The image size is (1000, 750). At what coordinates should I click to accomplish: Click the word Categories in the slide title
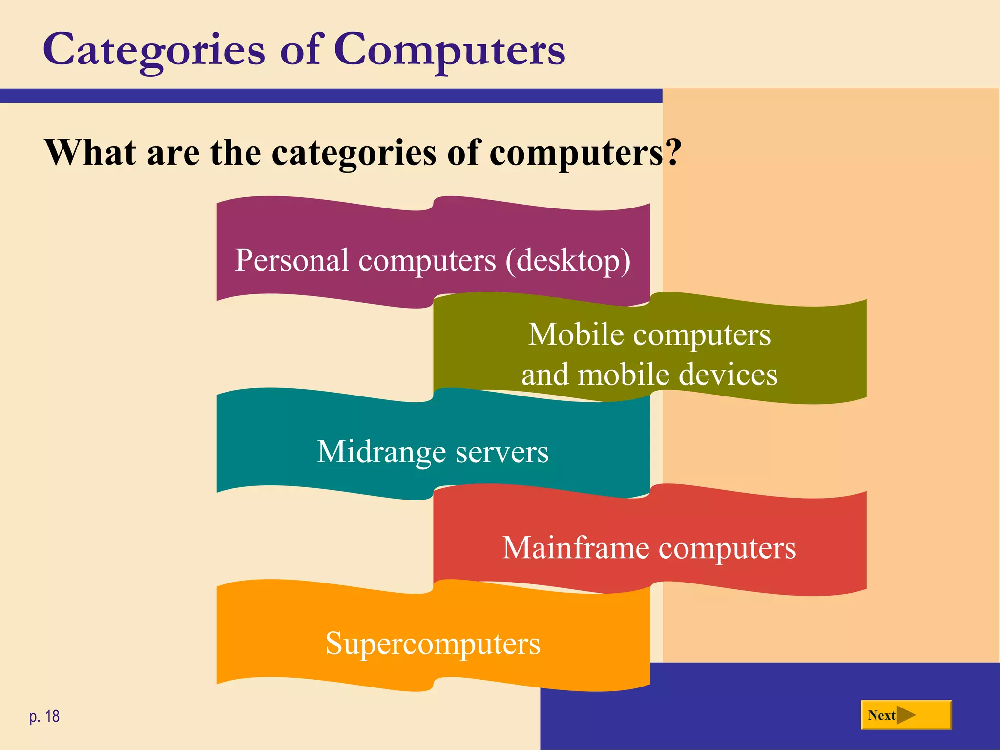pyautogui.click(x=154, y=50)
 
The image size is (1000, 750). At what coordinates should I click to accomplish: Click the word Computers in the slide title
pyautogui.click(x=449, y=50)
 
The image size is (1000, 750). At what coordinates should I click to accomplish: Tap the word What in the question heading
pyautogui.click(x=90, y=152)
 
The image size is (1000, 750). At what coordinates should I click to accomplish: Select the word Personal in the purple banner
pyautogui.click(x=292, y=260)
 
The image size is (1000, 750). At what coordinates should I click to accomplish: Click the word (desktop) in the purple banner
pyautogui.click(x=568, y=260)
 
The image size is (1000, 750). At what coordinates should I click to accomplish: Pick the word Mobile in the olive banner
pyautogui.click(x=576, y=335)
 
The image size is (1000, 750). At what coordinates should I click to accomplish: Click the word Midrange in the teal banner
pyautogui.click(x=381, y=452)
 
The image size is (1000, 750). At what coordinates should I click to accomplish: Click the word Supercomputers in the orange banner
pyautogui.click(x=433, y=643)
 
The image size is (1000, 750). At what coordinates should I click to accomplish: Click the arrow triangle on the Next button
pyautogui.click(x=906, y=715)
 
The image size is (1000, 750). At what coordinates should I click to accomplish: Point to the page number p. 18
pyautogui.click(x=44, y=716)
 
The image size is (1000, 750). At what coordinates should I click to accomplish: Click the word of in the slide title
pyautogui.click(x=299, y=50)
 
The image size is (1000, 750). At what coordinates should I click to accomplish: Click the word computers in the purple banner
pyautogui.click(x=427, y=260)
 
